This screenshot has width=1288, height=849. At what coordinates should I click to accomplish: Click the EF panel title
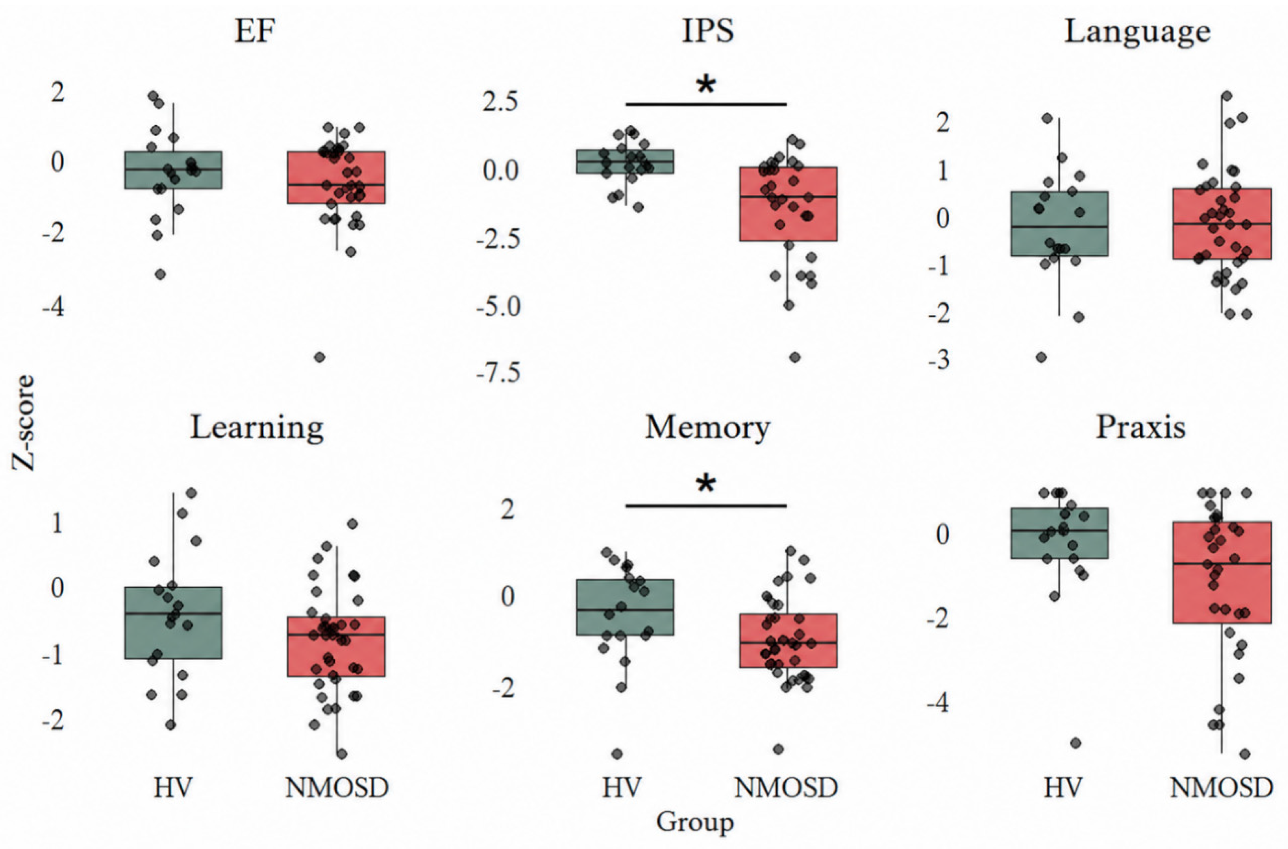pos(254,32)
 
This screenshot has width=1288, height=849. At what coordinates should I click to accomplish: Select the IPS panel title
pos(708,32)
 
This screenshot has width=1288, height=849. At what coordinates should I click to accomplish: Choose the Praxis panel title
pos(1141,428)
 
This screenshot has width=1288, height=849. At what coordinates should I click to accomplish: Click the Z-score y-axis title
pos(24,423)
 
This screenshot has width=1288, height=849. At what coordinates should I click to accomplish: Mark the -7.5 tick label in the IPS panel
pos(498,373)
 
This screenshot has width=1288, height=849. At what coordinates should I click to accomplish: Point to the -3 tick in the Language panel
pos(939,359)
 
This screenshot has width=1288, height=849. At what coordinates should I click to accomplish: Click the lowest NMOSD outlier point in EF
pos(320,357)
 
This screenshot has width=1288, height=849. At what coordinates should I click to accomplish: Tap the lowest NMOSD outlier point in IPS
pos(795,357)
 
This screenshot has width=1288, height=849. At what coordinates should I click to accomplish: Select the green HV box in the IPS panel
pos(625,162)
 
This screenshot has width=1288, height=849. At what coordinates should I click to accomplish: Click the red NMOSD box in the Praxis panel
pos(1222,572)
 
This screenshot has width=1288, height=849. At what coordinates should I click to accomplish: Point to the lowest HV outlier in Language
pos(1041,357)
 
